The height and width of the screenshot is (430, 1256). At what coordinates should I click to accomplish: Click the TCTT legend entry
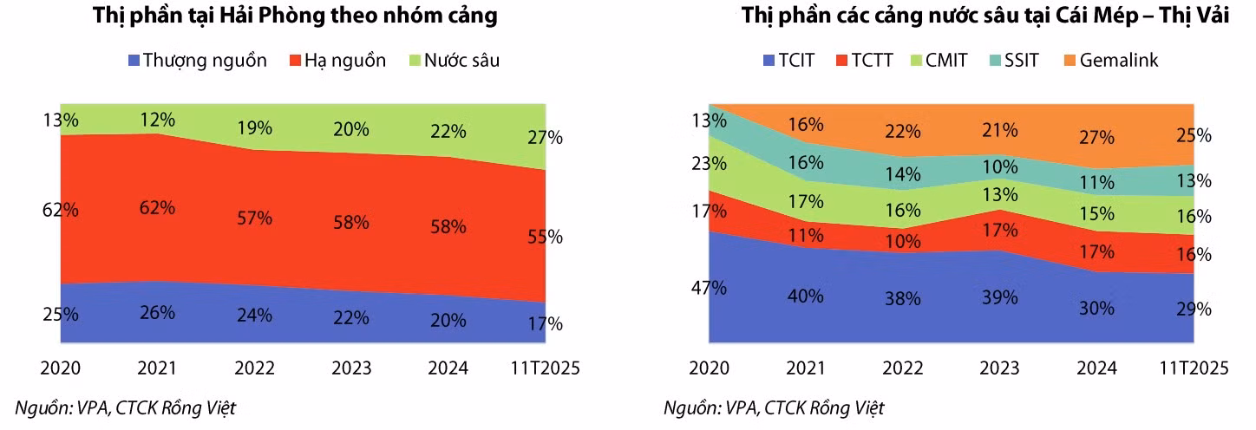click(863, 61)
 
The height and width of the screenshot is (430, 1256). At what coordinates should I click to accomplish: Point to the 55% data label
click(545, 237)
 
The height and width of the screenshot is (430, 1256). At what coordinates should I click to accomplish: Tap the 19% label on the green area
click(254, 128)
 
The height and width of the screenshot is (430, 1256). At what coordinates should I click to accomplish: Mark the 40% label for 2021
click(805, 296)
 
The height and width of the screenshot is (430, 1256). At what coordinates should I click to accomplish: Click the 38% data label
click(903, 299)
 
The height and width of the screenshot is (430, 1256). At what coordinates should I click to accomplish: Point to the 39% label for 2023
click(999, 297)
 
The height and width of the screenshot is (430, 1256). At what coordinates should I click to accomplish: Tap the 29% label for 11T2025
click(1194, 309)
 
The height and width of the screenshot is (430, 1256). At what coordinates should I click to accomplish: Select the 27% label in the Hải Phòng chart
click(545, 137)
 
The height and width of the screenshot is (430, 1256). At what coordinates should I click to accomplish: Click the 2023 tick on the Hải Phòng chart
click(350, 368)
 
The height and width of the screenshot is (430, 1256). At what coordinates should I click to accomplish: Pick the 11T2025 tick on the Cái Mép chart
click(1194, 368)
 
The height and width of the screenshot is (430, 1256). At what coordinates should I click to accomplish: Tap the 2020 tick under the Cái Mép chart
click(709, 368)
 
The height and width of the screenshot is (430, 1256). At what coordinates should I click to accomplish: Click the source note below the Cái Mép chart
click(774, 407)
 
